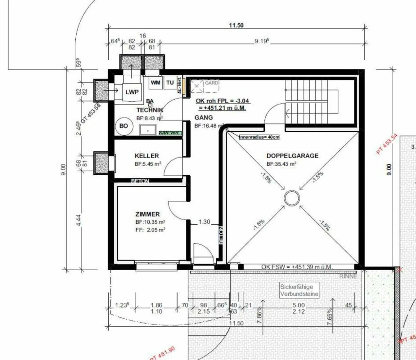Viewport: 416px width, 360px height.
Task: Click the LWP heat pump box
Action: pos(132,92)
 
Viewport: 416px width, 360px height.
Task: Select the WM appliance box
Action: pos(155,83)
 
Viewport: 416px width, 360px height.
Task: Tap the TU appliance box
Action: pos(170,83)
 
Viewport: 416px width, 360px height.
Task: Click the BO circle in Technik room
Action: pos(124,126)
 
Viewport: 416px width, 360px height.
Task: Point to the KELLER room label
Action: pos(147,156)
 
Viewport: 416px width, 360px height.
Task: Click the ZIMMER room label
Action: pos(147,214)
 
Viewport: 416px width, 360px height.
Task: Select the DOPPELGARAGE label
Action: pos(292,156)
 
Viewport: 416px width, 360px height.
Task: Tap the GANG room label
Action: pos(203,118)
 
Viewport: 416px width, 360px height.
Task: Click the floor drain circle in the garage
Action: pos(292,198)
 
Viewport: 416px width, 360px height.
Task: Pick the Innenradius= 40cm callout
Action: pos(259,137)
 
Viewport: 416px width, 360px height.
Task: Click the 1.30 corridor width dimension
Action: pos(204,222)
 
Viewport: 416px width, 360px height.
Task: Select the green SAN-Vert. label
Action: pos(170,133)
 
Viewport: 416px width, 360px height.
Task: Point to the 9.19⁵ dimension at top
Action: pos(261,41)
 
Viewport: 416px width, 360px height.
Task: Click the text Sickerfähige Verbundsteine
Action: pos(299,290)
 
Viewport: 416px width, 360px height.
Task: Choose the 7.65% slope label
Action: pos(330,316)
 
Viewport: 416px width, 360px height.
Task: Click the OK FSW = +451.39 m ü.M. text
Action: pos(297,267)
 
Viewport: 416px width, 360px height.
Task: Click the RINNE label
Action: pos(348,276)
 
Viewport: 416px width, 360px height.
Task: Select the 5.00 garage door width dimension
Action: pos(298,305)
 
